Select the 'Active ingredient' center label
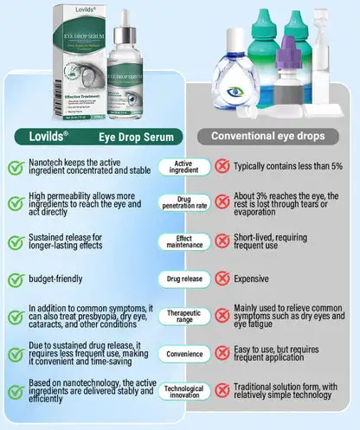click(x=179, y=167)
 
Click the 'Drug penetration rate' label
click(x=179, y=203)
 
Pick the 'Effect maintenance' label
click(x=179, y=241)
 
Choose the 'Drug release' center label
click(x=179, y=279)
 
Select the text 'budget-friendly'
click(x=54, y=279)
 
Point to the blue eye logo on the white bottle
click(x=236, y=89)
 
